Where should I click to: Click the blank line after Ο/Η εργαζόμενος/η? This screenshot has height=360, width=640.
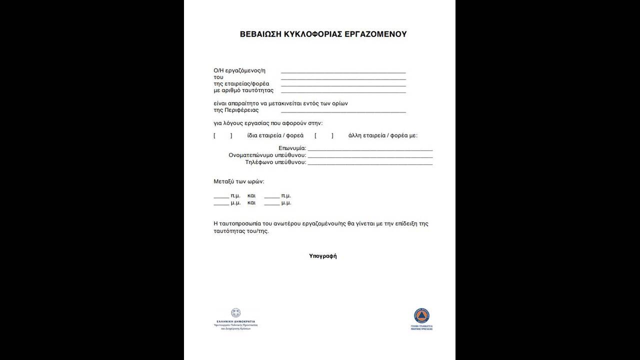coord(343,72)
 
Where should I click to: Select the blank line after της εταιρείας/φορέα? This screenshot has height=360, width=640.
coord(343,86)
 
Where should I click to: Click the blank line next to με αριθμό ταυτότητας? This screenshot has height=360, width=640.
coord(343,92)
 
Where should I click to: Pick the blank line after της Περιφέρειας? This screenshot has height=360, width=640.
coord(343,112)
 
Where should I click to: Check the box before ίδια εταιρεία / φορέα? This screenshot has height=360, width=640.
coord(223,135)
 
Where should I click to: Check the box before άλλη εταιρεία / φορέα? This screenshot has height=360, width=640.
coord(324,135)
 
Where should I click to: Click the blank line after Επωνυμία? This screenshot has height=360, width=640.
coord(370,149)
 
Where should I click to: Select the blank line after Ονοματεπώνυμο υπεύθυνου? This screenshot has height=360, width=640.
coord(370,157)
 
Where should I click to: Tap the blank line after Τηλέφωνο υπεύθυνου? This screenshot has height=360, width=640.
coord(370,164)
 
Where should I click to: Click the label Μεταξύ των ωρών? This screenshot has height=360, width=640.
coord(239,181)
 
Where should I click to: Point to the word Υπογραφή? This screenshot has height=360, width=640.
coord(323,256)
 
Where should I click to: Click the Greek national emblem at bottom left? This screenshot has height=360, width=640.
coord(235,313)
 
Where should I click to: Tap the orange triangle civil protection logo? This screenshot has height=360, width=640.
coord(421,315)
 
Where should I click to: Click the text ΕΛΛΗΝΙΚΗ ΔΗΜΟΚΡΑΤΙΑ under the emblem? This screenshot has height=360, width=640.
coord(235,321)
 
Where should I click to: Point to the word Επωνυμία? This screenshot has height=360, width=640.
coord(292,148)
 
